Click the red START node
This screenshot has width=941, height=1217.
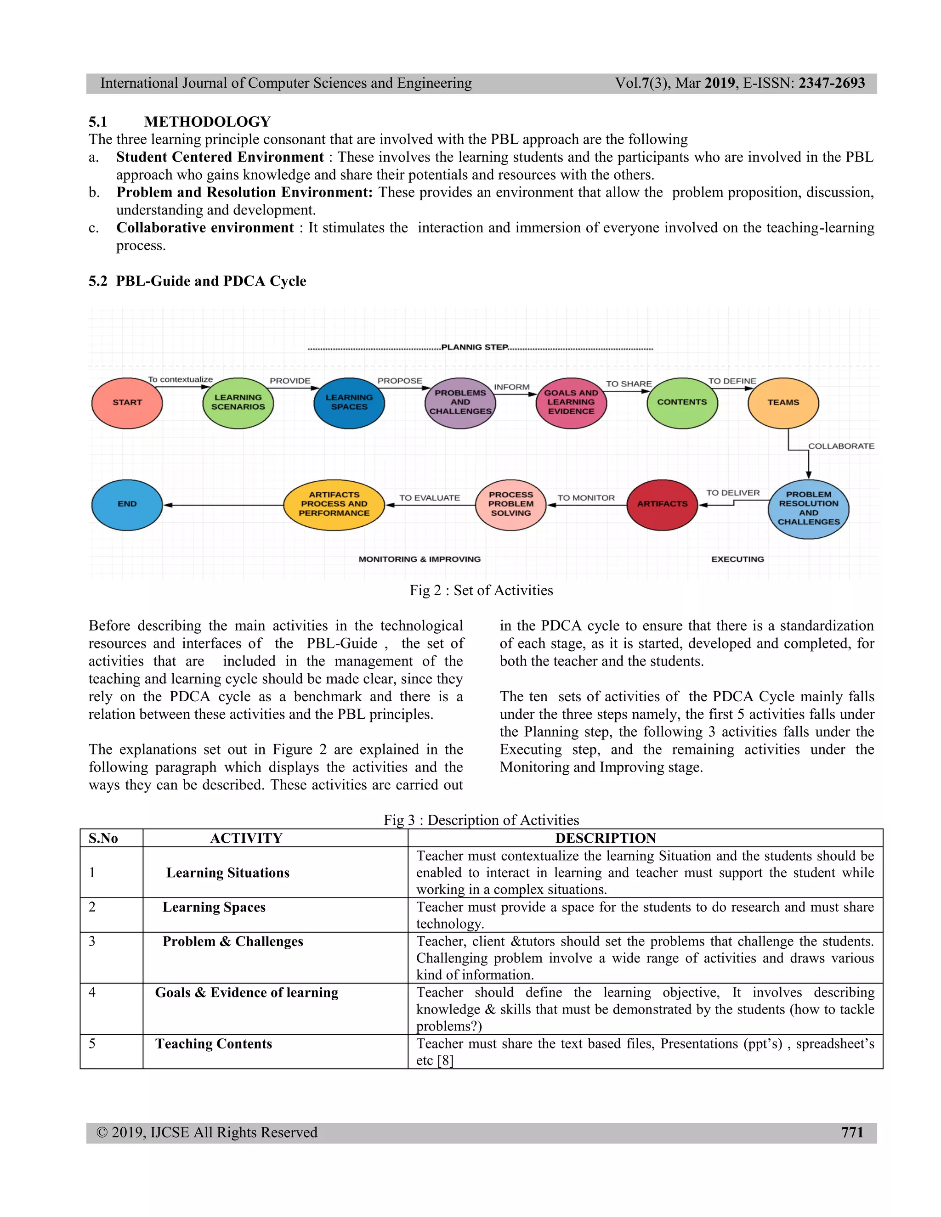coord(127,402)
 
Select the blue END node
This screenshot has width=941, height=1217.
coord(127,504)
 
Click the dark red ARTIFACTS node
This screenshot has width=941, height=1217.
coord(662,504)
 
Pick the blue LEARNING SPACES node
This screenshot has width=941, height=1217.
coord(349,402)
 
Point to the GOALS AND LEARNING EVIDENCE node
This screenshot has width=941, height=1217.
coord(571,402)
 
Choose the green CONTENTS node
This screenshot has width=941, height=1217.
coord(682,402)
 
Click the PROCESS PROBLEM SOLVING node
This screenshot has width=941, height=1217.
coord(510,504)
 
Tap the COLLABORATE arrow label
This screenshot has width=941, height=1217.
coord(841,446)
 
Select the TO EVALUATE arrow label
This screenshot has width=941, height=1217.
coord(429,498)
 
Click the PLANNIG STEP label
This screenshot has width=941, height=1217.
coord(474,347)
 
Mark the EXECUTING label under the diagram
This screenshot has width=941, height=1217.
coord(737,559)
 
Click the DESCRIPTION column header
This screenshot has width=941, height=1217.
coord(606,838)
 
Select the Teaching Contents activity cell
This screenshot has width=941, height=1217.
coord(214,1044)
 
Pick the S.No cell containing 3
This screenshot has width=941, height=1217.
coord(92,941)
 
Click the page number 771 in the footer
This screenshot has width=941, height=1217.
coord(852,1132)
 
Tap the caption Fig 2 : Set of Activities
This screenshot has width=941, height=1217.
coord(481,591)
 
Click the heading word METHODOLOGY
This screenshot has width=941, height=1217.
coord(207,122)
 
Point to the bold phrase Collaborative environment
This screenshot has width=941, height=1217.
coord(204,228)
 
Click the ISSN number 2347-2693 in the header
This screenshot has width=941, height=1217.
coord(832,84)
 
